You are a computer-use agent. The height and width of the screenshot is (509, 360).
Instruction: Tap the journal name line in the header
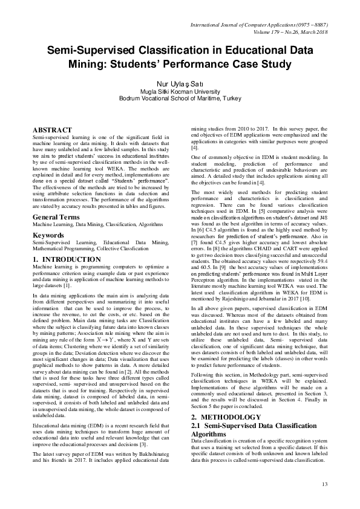pos(258,25)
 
